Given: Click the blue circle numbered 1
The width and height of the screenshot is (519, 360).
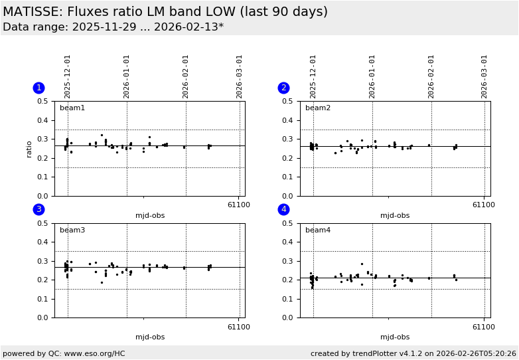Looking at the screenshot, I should tap(38, 88).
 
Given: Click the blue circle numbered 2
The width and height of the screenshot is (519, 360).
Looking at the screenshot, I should tap(283, 88).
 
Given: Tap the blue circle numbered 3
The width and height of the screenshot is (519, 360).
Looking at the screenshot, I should tap(38, 209).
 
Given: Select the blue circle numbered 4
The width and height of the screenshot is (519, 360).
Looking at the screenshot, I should tap(283, 209).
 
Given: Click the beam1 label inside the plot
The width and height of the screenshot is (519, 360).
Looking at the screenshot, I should tap(72, 108).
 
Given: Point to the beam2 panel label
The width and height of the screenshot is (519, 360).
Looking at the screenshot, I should tap(318, 108).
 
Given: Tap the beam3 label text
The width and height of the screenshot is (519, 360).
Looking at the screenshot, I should tap(72, 230).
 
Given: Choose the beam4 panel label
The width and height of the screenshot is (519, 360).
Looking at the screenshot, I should tap(318, 230).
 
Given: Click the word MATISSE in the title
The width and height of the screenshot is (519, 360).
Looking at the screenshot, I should tap(31, 12).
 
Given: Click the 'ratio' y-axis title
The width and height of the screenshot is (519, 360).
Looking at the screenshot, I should tap(29, 149).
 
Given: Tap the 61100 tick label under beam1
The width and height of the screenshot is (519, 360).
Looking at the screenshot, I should tap(239, 205).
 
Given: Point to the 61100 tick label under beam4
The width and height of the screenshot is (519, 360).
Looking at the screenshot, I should tap(484, 326).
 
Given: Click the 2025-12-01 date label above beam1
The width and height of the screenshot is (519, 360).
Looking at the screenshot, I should tap(68, 76).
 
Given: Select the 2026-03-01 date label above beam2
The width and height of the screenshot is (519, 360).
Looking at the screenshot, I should tap(484, 76).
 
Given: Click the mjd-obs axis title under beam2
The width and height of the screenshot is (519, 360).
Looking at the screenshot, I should tap(395, 215).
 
